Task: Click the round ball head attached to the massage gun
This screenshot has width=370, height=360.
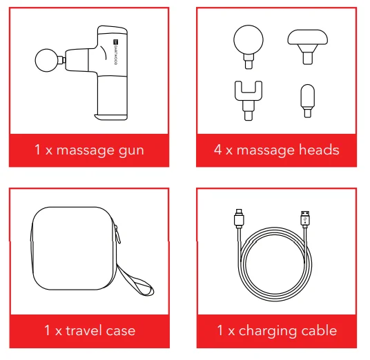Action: [x=46, y=60]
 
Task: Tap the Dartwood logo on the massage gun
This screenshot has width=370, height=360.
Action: [x=115, y=52]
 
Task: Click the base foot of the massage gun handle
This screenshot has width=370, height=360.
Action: [x=111, y=117]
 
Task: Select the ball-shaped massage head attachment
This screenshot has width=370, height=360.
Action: [x=249, y=47]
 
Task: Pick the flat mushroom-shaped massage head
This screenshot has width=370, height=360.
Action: [x=307, y=47]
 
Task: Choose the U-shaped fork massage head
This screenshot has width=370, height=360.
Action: [x=249, y=101]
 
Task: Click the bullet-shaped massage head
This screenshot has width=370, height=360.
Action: [x=307, y=101]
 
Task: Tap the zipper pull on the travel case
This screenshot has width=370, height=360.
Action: [x=117, y=234]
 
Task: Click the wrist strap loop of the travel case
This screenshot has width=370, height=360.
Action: [x=136, y=281]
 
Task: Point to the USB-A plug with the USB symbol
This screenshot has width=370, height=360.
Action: [x=305, y=219]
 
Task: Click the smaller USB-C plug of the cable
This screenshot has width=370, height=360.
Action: [x=239, y=219]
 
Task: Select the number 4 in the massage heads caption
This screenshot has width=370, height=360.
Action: [x=218, y=150]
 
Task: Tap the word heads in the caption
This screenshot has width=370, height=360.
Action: [x=319, y=150]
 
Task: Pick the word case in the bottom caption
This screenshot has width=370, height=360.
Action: [x=121, y=331]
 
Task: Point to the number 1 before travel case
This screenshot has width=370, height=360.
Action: [x=47, y=330]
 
